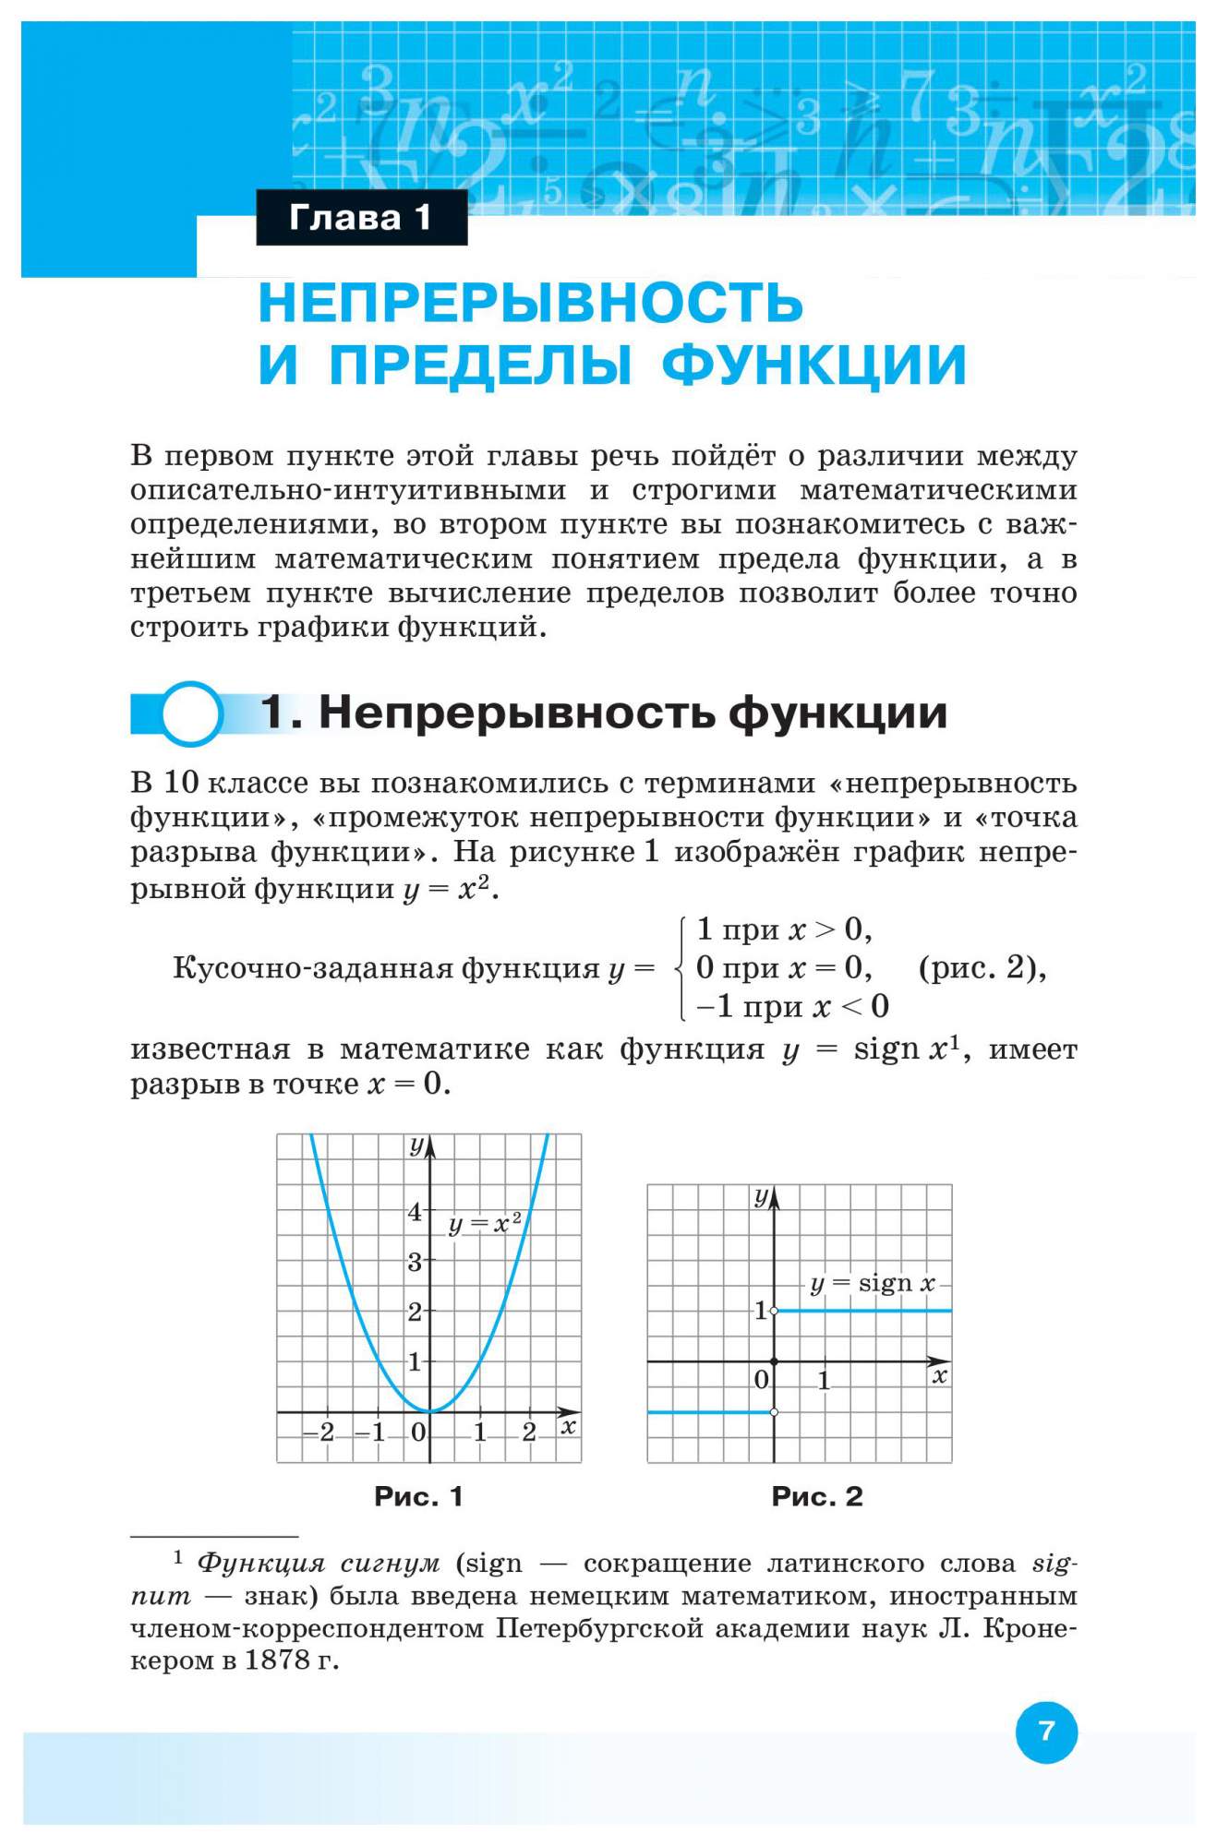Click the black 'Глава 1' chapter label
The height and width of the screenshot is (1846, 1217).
pos(361,218)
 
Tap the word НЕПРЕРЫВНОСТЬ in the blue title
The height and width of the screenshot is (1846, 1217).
pos(530,302)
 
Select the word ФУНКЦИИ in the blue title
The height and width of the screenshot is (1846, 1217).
pos(813,364)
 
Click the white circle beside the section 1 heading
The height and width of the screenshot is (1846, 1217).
pos(192,713)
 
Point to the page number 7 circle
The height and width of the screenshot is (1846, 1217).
pos(1046,1731)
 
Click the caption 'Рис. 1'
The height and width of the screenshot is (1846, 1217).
pos(418,1497)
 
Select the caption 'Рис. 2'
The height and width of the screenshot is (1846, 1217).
pos(817,1497)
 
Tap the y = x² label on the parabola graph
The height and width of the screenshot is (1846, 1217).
pos(485,1224)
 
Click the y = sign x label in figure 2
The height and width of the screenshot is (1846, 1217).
pos(872,1283)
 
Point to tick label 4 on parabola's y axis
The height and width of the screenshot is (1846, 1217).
pos(415,1211)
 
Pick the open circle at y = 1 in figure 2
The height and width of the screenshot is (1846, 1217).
pos(774,1311)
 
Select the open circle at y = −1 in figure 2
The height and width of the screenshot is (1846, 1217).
pos(774,1412)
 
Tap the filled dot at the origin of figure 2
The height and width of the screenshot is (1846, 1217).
pos(774,1361)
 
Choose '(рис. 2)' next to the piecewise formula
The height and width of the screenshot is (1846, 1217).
pos(982,968)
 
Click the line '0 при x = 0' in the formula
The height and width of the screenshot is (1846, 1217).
pos(783,967)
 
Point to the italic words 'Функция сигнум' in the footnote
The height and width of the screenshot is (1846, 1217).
pos(319,1564)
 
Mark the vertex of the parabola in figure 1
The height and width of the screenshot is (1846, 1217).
pos(429,1411)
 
